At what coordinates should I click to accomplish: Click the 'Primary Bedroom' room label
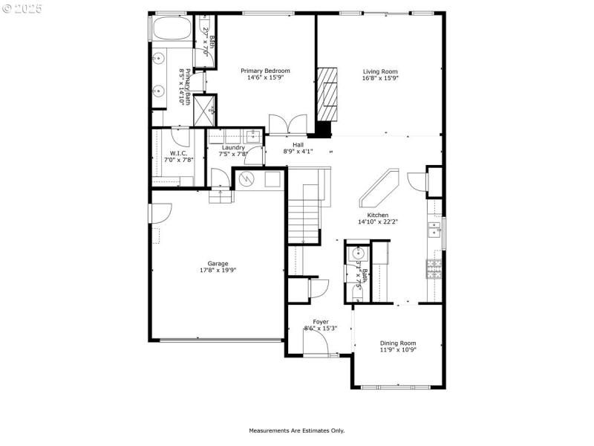[x=265, y=71]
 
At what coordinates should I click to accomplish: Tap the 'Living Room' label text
[x=380, y=71]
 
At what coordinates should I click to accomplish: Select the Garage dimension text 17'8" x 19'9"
[x=218, y=271]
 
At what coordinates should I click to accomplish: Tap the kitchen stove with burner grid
[x=433, y=268]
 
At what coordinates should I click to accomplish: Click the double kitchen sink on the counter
[x=433, y=228]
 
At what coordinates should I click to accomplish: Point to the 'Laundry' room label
[x=234, y=147]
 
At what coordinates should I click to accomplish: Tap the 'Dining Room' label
[x=398, y=342]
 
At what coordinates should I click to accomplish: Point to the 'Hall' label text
[x=298, y=145]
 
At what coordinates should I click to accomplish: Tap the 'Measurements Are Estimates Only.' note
[x=296, y=430]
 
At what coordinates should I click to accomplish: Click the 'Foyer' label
[x=320, y=322]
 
